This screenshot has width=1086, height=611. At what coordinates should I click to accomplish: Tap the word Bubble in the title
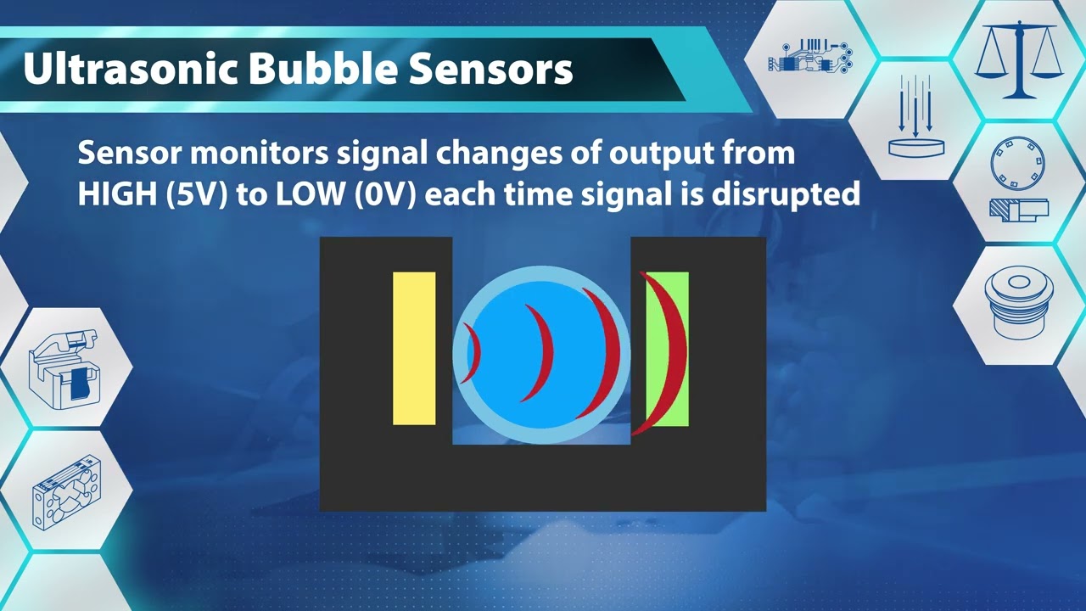pos(322,70)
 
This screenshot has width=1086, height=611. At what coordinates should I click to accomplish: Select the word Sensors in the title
pos(491,70)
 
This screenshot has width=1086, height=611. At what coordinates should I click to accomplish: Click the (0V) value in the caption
pos(386,194)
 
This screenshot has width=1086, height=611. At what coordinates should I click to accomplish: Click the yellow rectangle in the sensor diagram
pos(414,349)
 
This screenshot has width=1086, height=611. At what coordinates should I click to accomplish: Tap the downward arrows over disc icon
pos(915,118)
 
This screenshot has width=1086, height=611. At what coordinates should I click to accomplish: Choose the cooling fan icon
pos(66,493)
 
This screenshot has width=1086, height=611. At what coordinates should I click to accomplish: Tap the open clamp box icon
pos(64,367)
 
